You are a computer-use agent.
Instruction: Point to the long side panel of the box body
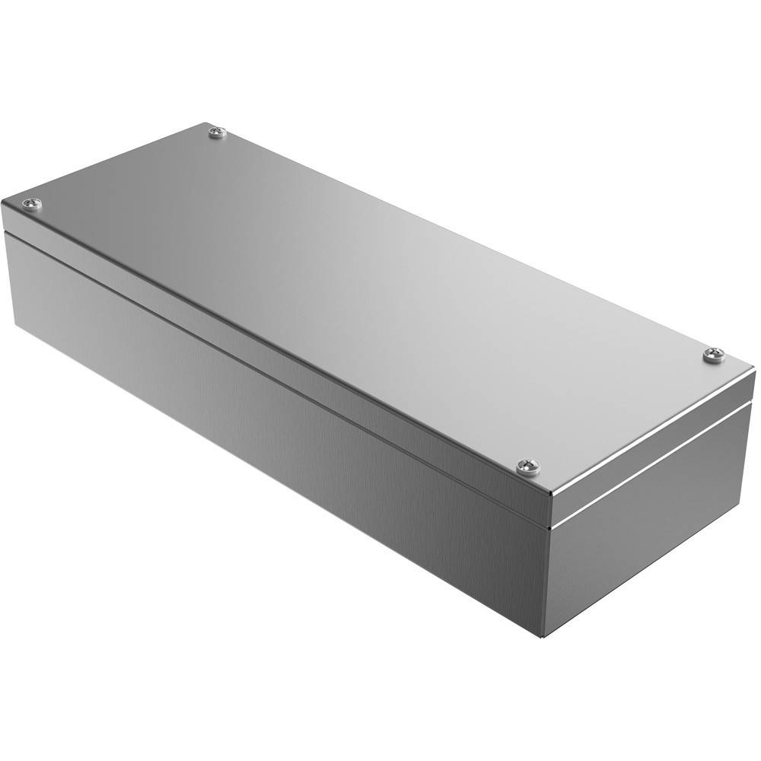pyautogui.click(x=266, y=396)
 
